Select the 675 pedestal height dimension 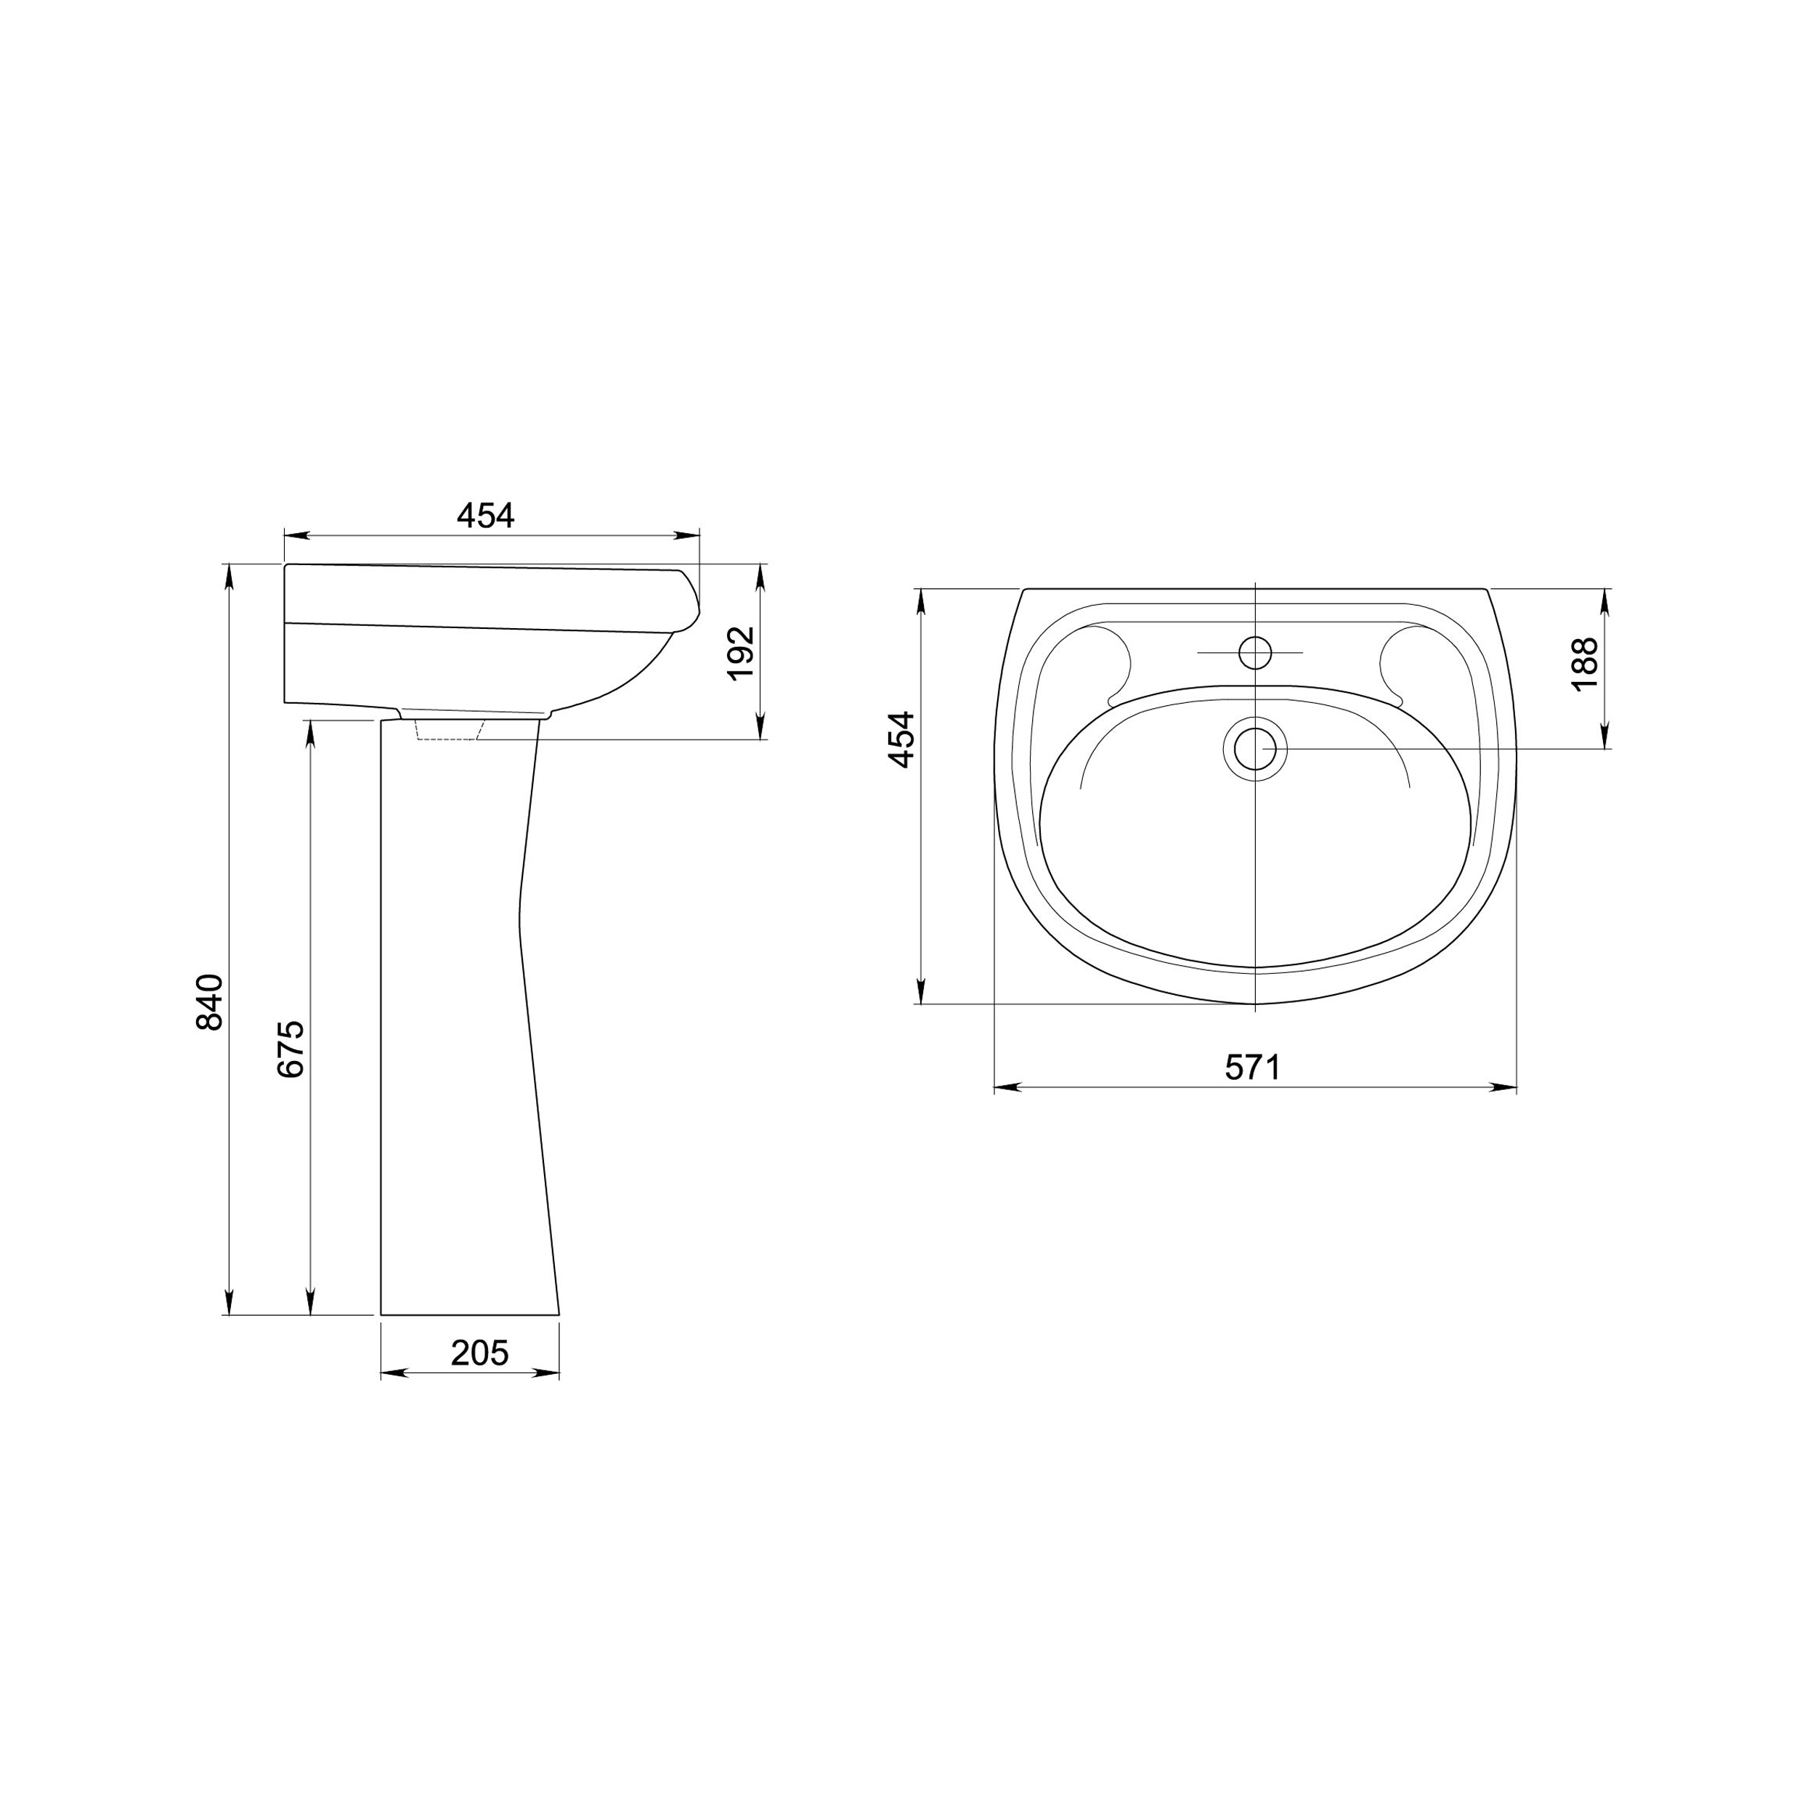tap(290, 1049)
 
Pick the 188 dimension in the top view tap(1584, 663)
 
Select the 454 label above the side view tap(485, 515)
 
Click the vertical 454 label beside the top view tap(901, 739)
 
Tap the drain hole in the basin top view tap(1254, 748)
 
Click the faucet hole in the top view tap(1255, 650)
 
